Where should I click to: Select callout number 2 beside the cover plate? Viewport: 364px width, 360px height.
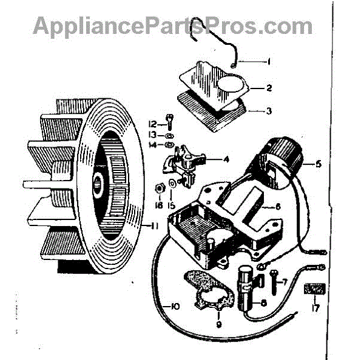pos(268,88)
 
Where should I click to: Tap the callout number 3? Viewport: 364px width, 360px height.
pos(268,111)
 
